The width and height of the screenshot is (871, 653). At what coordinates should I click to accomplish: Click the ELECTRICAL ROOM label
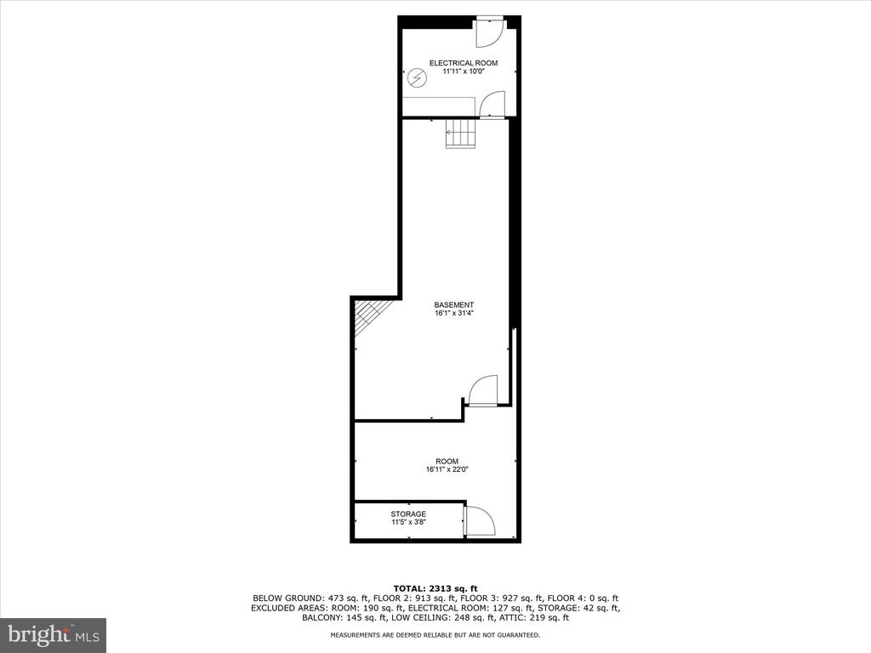point(464,63)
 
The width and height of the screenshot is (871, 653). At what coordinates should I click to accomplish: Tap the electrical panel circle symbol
point(416,78)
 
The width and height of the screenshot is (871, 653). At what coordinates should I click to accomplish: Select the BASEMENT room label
point(454,305)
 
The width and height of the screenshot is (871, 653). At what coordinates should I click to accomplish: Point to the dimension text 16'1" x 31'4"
point(454,313)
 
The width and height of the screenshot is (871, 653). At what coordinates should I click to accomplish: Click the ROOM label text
point(447,462)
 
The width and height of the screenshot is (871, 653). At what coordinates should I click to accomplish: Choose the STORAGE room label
point(408,514)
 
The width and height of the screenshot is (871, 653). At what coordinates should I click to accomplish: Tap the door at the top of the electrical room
point(489,33)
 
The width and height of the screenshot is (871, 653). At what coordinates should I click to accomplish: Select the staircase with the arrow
point(460,133)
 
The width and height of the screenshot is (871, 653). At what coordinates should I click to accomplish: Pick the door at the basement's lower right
point(483,391)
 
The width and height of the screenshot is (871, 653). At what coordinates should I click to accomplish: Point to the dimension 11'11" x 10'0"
point(464,71)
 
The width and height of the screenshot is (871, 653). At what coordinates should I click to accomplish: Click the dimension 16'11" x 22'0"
point(447,469)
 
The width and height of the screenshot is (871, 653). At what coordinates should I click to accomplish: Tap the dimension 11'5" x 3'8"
point(409,523)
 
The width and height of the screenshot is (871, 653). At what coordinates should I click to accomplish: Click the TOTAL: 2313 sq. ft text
point(435,588)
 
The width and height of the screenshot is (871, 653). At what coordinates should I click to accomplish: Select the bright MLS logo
point(54,634)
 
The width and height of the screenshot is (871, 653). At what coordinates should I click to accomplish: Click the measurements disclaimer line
point(435,635)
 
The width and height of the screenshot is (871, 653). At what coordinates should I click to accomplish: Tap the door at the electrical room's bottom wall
point(492,105)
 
